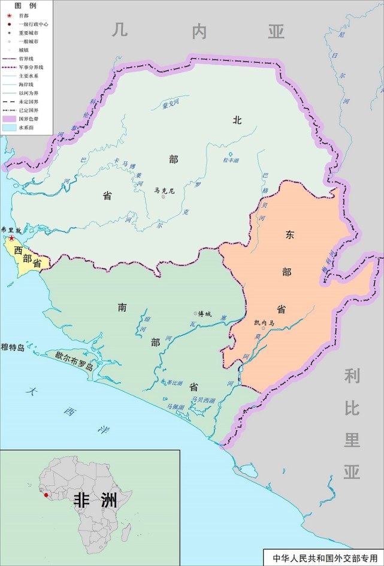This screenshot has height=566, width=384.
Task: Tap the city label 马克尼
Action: [164, 190]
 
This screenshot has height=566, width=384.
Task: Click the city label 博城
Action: [205, 313]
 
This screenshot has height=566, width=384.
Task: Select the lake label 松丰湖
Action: [230, 161]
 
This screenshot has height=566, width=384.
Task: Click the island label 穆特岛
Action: [13, 347]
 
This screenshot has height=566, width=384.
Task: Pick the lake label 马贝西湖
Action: [202, 399]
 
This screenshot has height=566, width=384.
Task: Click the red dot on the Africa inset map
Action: [46, 495]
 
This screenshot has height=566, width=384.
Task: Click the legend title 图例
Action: [22, 5]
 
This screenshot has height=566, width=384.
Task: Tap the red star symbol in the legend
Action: [8, 16]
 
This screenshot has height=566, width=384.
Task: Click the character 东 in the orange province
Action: [291, 235]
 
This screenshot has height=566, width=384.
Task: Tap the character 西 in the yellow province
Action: [18, 250]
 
